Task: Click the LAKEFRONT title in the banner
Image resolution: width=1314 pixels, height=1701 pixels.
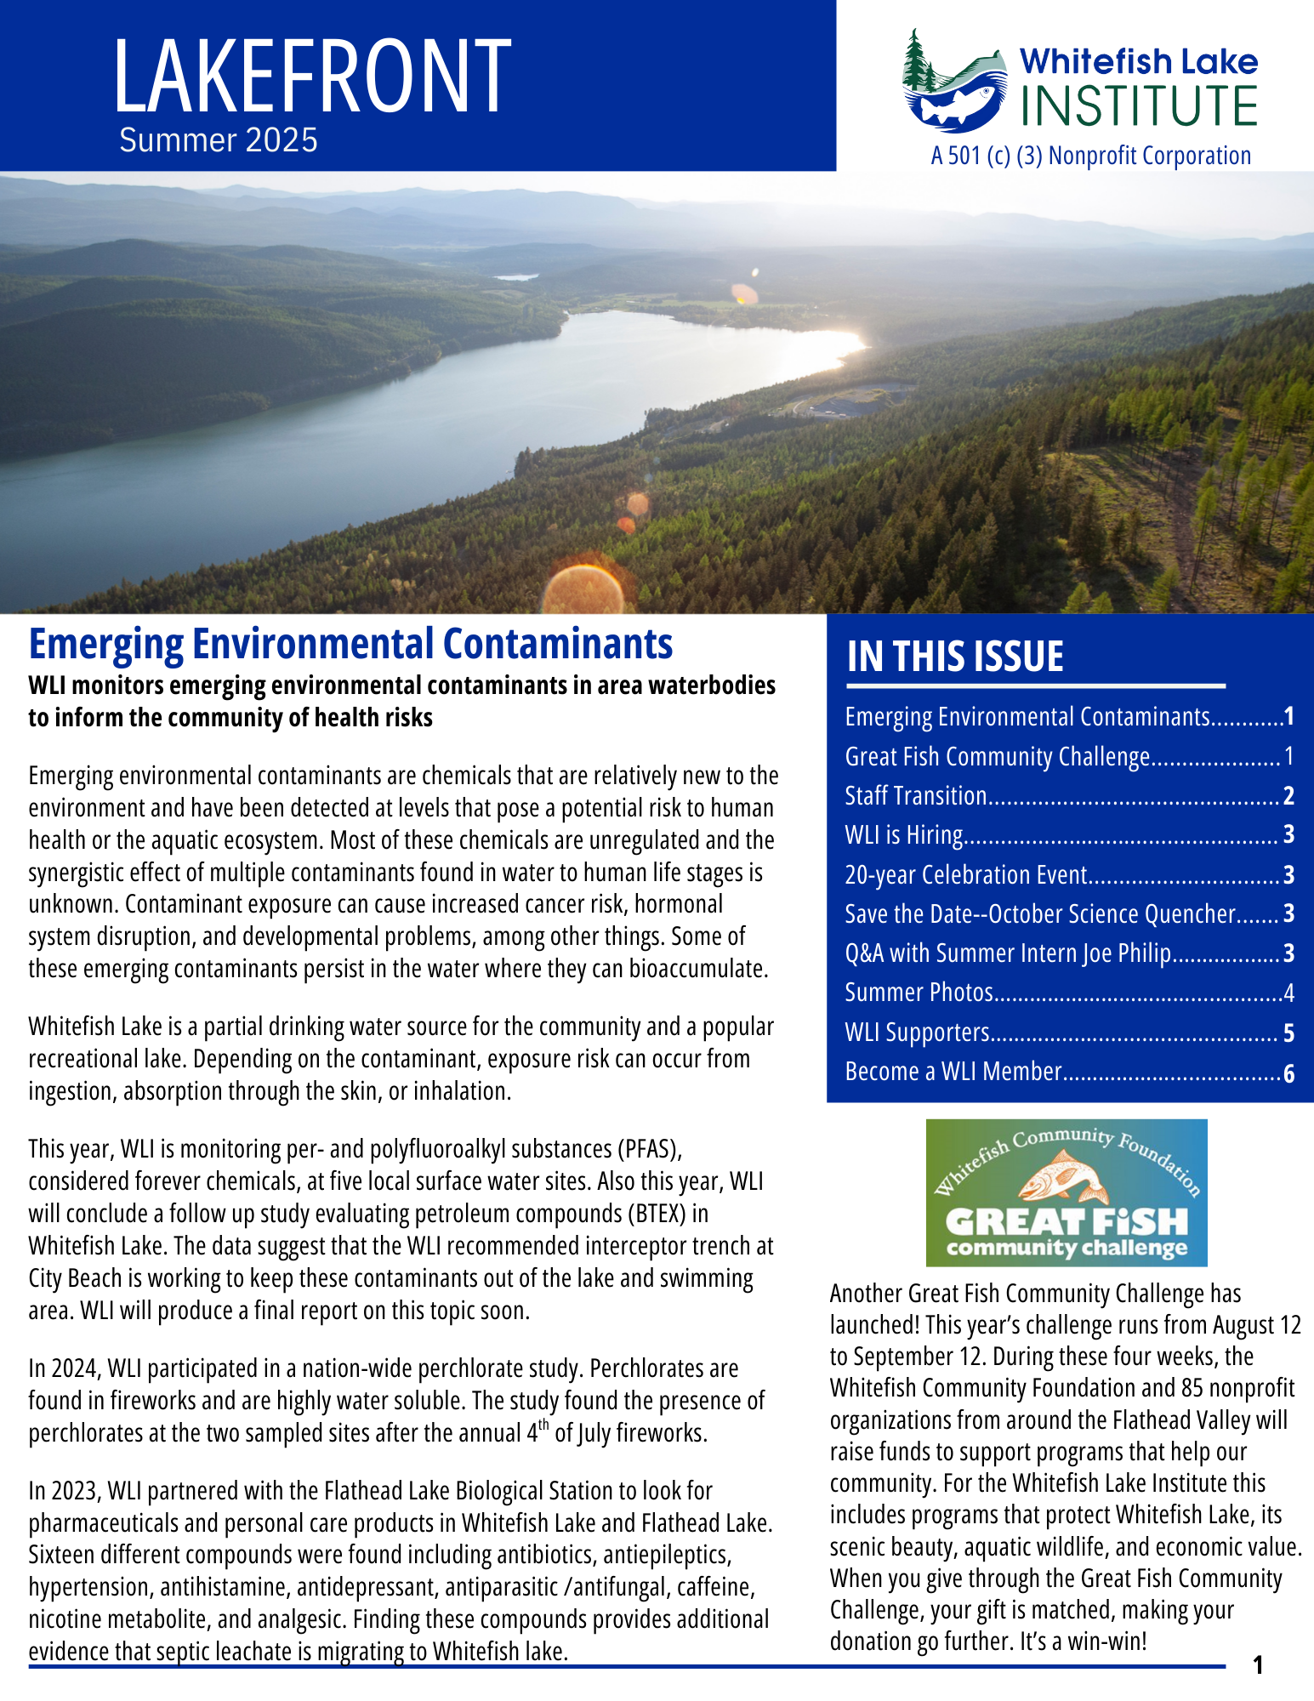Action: coord(312,77)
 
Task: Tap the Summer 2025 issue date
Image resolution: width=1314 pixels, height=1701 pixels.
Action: coord(219,140)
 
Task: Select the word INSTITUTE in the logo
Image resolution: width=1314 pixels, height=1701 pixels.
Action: coord(1139,105)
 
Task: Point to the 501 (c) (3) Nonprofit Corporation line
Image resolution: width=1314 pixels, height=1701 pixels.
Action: coord(1091,156)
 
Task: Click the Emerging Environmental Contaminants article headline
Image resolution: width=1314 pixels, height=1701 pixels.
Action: coord(350,644)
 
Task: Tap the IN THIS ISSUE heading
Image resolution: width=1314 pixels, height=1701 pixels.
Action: coord(955,657)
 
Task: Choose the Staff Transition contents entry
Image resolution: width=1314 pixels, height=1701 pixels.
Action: coord(915,796)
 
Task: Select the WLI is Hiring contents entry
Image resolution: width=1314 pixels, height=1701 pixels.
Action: coord(904,835)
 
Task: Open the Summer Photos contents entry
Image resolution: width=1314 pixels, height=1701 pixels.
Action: coord(919,993)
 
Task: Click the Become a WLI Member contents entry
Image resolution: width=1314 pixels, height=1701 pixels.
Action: coord(953,1072)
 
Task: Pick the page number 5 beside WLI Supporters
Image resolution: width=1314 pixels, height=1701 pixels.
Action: coord(1288,1033)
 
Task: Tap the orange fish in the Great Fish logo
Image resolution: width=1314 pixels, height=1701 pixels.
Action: coord(1062,1176)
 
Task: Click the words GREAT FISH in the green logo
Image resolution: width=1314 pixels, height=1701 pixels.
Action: coord(1067,1222)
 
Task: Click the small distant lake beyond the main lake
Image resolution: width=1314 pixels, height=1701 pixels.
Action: coord(516,276)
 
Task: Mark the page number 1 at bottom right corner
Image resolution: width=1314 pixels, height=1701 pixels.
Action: coord(1259,1665)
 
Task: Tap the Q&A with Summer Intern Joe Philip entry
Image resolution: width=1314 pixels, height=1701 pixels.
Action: coord(1008,953)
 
